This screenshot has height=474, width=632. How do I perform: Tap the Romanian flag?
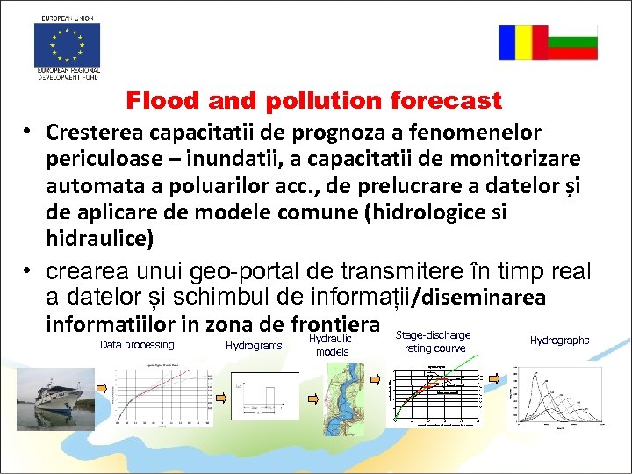click(x=523, y=42)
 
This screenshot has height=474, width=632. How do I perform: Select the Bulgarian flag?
click(x=572, y=42)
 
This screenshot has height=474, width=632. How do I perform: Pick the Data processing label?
click(x=137, y=345)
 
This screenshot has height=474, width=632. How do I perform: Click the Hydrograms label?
click(x=254, y=346)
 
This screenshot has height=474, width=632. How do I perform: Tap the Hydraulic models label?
click(x=332, y=345)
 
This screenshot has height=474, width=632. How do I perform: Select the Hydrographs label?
click(x=559, y=341)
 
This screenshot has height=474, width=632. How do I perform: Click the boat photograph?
click(x=54, y=393)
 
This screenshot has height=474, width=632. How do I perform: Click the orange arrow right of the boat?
click(x=104, y=387)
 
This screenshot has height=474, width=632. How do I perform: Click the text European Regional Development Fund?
click(x=68, y=74)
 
